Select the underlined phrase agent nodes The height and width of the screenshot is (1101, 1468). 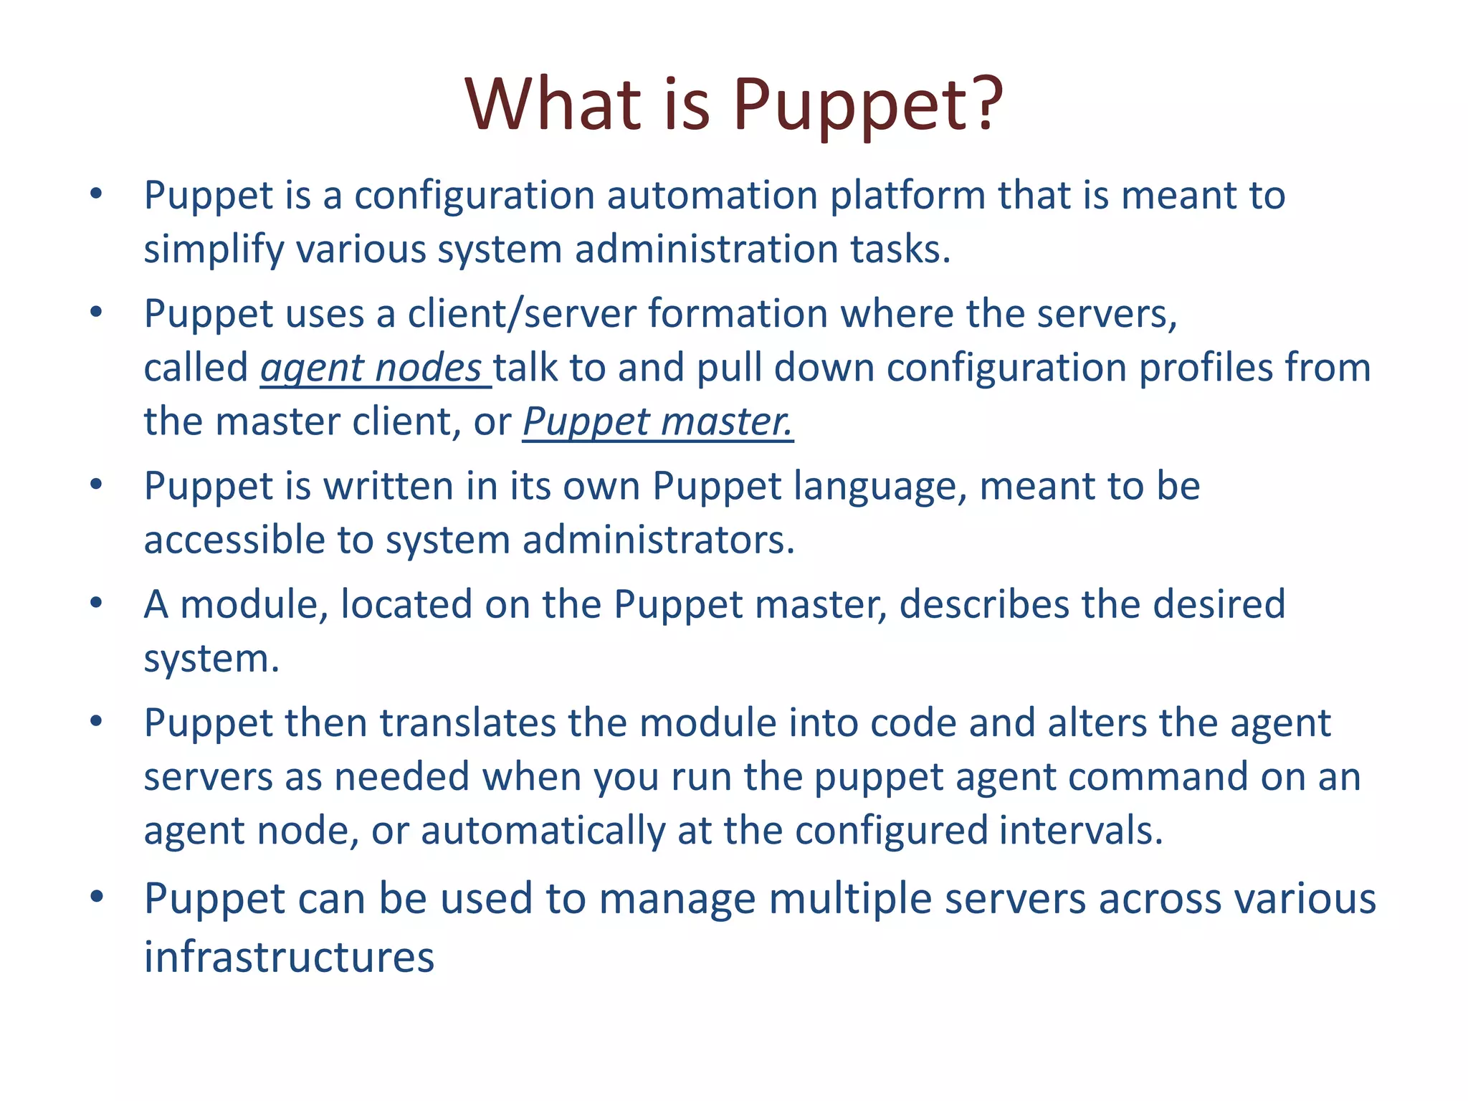[x=371, y=368]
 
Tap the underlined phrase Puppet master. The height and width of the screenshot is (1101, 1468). [x=657, y=421]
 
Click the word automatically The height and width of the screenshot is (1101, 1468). [x=543, y=830]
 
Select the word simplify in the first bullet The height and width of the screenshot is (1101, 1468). [x=214, y=249]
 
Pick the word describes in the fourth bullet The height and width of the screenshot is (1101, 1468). [x=984, y=604]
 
